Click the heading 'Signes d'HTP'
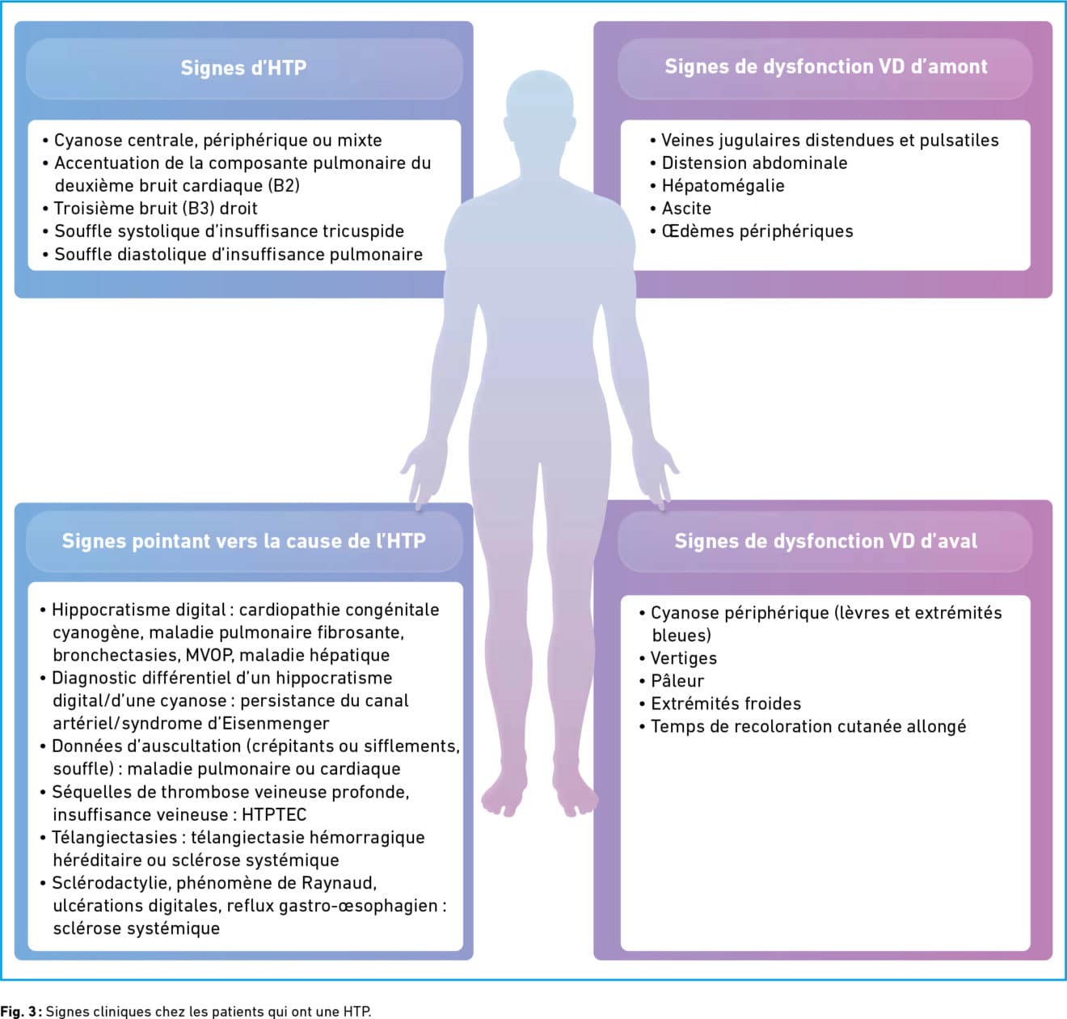(243, 68)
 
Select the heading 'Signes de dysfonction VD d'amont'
(825, 67)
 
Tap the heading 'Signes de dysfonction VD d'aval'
(825, 541)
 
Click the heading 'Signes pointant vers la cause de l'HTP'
(243, 541)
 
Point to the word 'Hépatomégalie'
(723, 186)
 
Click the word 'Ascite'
(686, 209)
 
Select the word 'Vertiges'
(683, 658)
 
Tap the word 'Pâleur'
(677, 681)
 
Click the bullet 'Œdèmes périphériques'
(757, 231)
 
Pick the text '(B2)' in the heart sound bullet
(283, 186)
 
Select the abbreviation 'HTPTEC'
(274, 814)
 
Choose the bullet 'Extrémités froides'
(725, 704)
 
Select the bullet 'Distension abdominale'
(754, 163)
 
